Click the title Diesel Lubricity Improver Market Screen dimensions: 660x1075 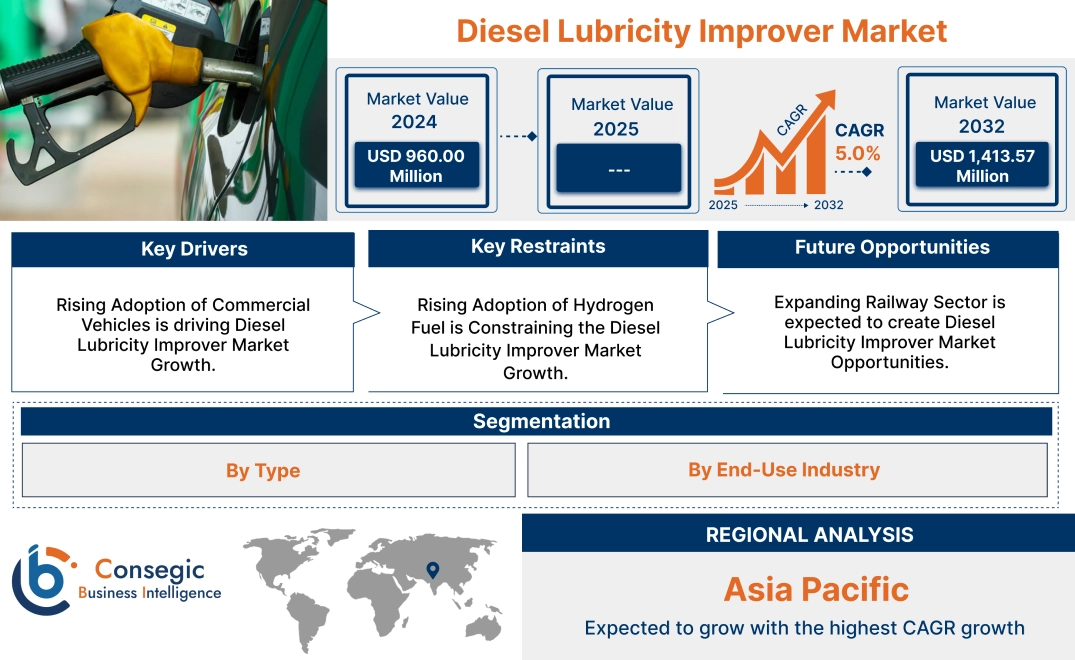tap(701, 30)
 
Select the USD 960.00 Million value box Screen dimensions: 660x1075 tap(415, 165)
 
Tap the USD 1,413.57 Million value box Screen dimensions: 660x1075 tap(982, 165)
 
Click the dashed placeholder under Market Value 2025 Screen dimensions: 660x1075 tap(618, 169)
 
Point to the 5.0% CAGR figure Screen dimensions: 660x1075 tap(858, 153)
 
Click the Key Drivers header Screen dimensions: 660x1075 tap(194, 249)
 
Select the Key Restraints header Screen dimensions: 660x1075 tap(538, 247)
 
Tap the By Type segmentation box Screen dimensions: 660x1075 tap(263, 470)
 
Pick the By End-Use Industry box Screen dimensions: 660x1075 tap(784, 469)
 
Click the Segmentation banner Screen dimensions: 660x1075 tap(541, 421)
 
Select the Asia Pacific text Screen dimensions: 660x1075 tap(816, 589)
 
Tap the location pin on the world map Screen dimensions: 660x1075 tap(432, 570)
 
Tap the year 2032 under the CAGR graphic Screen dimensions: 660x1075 tap(828, 205)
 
